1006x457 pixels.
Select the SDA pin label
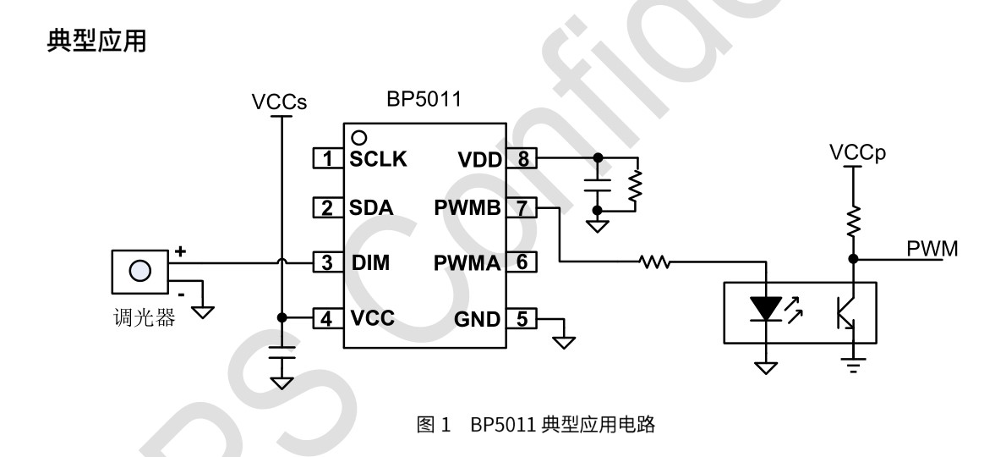pos(371,208)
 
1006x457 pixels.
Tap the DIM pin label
pos(370,263)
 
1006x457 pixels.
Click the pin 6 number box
pos(522,263)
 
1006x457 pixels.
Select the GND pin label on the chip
pos(478,319)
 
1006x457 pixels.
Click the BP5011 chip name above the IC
pos(424,100)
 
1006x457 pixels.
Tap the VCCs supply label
pos(279,102)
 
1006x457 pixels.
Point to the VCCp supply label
pos(855,152)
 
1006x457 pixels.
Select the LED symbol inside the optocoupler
pos(766,310)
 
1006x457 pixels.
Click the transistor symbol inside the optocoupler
pos(849,311)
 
